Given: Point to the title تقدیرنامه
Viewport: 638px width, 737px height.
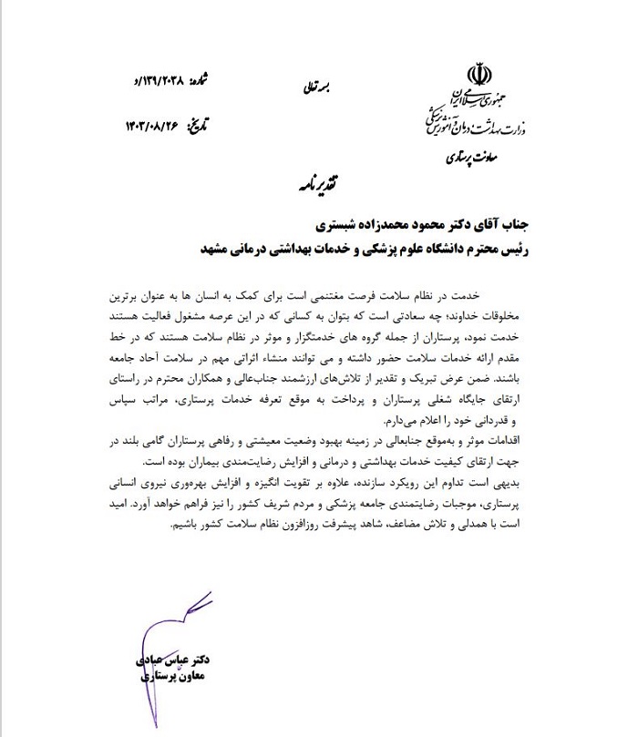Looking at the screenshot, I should point(320,182).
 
